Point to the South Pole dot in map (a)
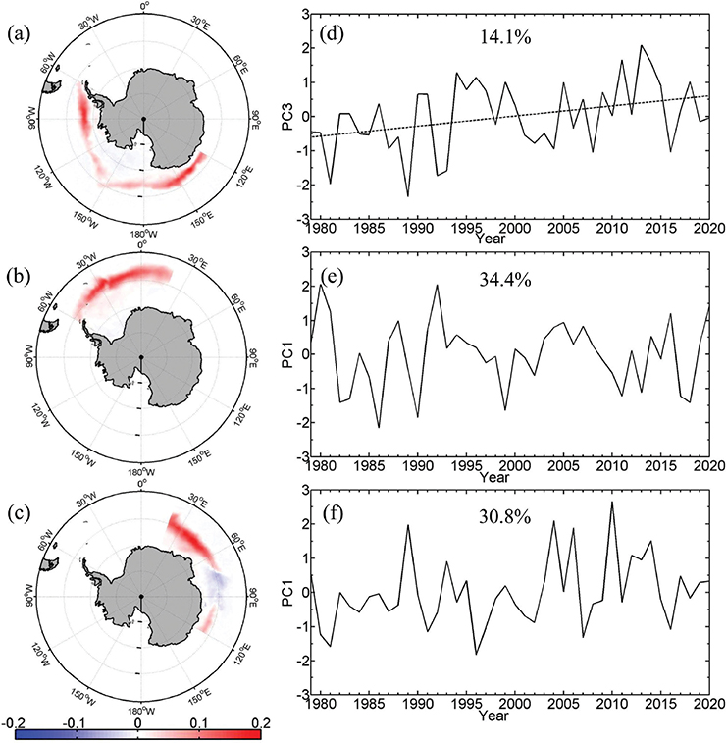click(x=143, y=119)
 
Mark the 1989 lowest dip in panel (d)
click(x=407, y=196)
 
